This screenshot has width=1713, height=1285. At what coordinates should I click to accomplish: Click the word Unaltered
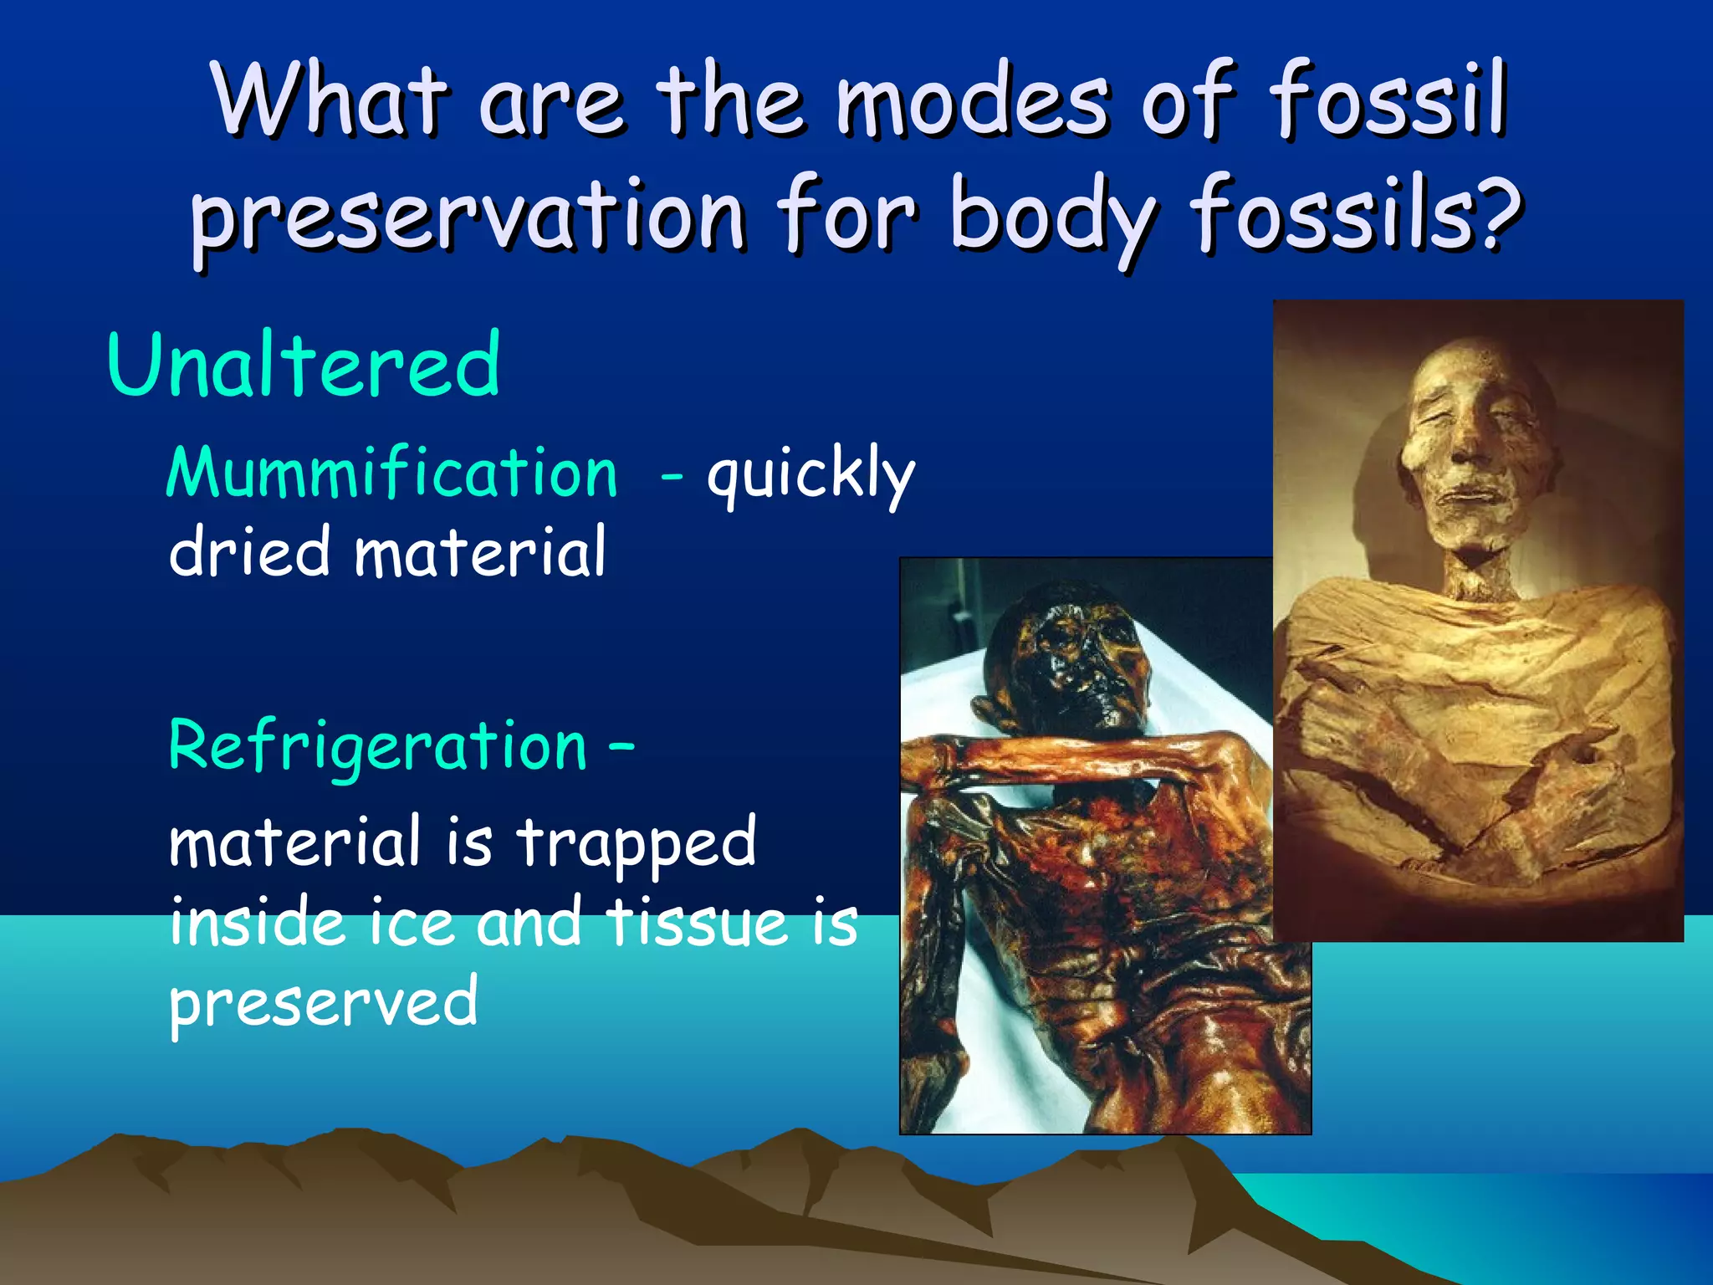(x=303, y=365)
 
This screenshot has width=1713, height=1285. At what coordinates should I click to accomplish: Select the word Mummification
(x=391, y=474)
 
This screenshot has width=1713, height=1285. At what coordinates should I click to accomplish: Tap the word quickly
(x=810, y=475)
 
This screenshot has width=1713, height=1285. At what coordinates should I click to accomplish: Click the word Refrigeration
(x=378, y=745)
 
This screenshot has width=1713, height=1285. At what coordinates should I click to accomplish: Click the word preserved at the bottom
(x=323, y=1002)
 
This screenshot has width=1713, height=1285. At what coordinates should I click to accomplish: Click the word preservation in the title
(x=468, y=218)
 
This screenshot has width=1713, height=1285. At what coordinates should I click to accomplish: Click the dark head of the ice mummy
(x=1066, y=661)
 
